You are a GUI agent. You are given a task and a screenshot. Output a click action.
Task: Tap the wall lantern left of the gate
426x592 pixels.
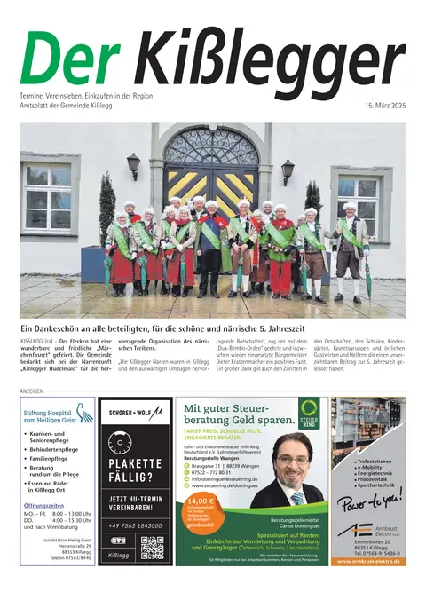(x=133, y=164)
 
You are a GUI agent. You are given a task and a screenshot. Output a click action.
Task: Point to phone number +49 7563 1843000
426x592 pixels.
(x=135, y=525)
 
